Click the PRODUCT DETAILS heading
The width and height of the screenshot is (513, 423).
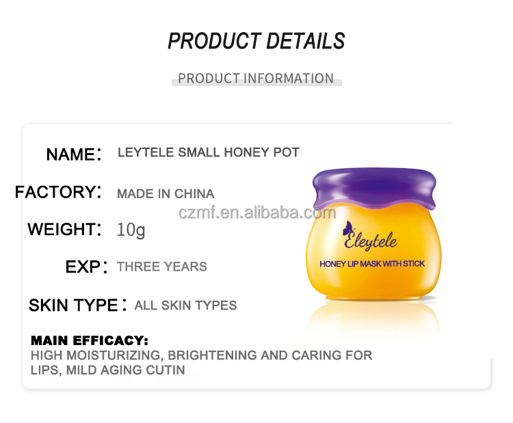tap(256, 41)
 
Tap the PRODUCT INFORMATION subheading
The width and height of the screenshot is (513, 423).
tap(256, 79)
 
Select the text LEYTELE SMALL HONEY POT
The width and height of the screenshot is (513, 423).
tap(209, 152)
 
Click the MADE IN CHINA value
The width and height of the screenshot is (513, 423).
tap(166, 193)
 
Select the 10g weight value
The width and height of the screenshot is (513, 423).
tap(131, 230)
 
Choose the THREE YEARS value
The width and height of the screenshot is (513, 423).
tap(162, 267)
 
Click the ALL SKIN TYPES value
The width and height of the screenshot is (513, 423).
tap(186, 305)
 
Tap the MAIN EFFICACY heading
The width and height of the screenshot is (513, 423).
tap(90, 340)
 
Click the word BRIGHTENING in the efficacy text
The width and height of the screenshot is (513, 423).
tap(218, 355)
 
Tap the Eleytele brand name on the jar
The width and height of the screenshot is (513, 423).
tap(380, 241)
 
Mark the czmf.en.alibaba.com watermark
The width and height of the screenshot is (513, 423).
tap(256, 213)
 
